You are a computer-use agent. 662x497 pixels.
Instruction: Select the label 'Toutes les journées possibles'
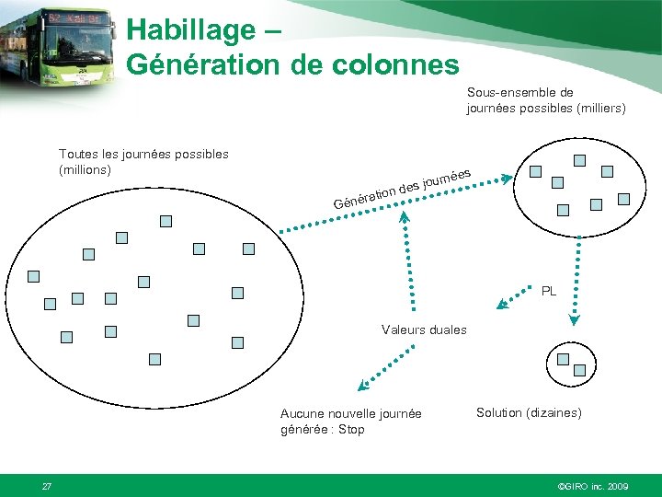click(143, 154)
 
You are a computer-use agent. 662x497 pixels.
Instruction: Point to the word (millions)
click(85, 169)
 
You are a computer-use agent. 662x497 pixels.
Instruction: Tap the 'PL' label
click(549, 291)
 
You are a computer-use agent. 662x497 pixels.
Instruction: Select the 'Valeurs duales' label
click(424, 329)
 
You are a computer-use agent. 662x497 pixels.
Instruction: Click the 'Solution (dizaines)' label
click(529, 412)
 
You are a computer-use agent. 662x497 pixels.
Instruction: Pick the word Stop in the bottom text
click(350, 429)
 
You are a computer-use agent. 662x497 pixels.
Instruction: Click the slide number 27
click(47, 485)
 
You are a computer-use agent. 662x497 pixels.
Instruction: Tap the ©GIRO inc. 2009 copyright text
click(593, 485)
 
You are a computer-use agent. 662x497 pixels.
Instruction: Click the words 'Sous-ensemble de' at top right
click(519, 92)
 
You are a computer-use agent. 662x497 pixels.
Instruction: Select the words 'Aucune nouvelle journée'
click(350, 413)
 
